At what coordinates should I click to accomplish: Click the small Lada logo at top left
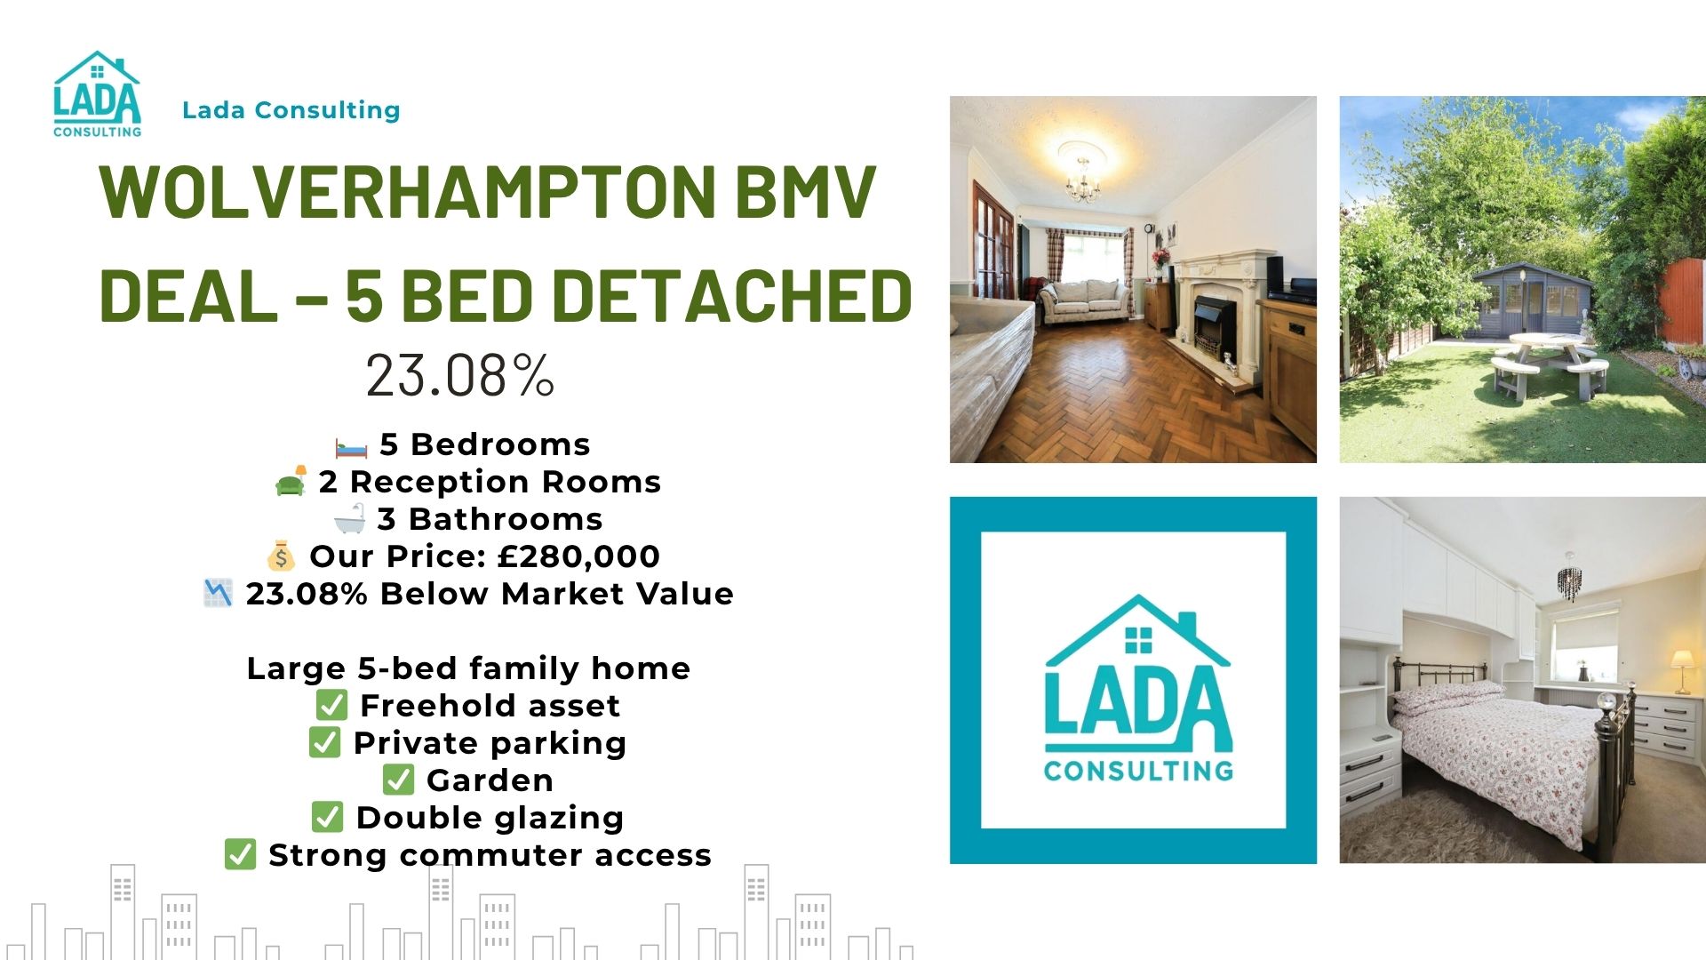point(97,94)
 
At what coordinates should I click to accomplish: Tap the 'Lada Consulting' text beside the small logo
point(291,110)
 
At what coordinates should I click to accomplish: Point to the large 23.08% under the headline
point(460,375)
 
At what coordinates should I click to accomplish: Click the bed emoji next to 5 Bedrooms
point(351,446)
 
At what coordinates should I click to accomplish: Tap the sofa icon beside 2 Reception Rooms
point(291,481)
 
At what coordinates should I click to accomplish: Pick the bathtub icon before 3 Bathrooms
point(349,518)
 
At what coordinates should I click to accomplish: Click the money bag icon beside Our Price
point(281,556)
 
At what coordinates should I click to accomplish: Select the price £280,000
point(578,556)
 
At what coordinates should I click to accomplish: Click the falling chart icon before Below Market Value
point(218,593)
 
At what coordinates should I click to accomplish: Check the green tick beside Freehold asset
point(331,705)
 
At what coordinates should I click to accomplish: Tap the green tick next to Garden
point(398,780)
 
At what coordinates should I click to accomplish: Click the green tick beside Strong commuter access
point(240,854)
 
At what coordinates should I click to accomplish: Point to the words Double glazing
point(490,818)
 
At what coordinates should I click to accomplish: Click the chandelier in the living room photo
point(1083,180)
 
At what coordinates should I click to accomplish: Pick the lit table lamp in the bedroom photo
point(1682,670)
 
